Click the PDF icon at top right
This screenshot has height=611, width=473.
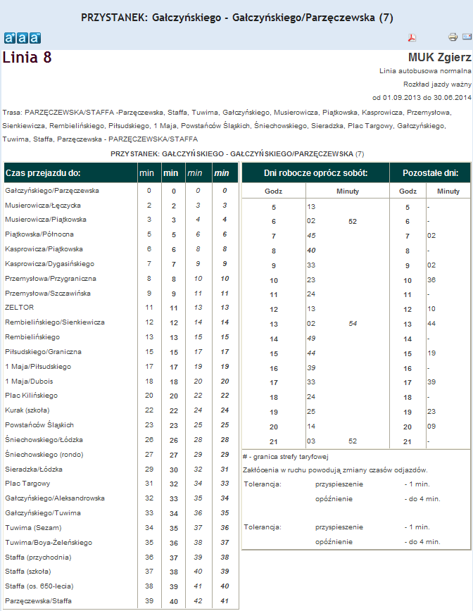[413, 37]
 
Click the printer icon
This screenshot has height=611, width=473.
[453, 37]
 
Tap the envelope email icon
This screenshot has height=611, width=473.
[467, 37]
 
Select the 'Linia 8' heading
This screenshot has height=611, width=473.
[27, 58]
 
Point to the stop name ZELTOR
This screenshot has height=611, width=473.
[19, 308]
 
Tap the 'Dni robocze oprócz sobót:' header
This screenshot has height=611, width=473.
[315, 172]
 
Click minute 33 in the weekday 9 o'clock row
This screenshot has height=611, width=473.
[311, 266]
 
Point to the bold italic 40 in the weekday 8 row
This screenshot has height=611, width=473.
[311, 251]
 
